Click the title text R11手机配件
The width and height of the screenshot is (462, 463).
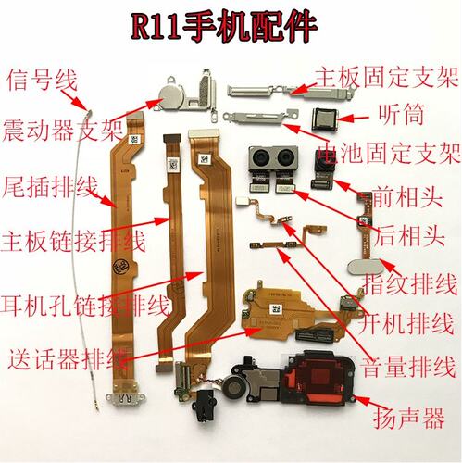(x=224, y=26)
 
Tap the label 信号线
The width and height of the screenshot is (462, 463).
(x=42, y=80)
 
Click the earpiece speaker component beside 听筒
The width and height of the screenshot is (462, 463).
(x=324, y=119)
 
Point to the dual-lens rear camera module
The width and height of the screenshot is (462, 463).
(x=273, y=158)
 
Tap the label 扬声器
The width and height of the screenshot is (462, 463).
(x=409, y=418)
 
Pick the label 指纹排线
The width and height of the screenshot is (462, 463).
(x=410, y=284)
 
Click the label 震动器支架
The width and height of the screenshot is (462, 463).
(x=63, y=131)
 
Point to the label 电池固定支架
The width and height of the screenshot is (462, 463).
(x=389, y=153)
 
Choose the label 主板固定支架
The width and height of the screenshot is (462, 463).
(x=387, y=77)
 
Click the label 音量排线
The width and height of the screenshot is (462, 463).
(x=408, y=368)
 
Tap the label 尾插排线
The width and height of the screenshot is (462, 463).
(x=50, y=187)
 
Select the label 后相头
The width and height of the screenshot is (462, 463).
(x=409, y=237)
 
